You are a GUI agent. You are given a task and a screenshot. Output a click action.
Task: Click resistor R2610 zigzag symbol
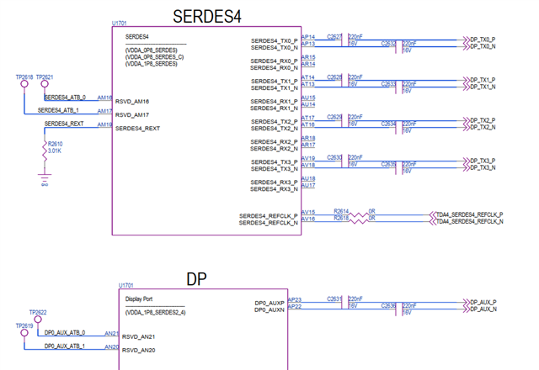pyautogui.click(x=45, y=148)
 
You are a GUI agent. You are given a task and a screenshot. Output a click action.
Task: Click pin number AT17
pyautogui.click(x=308, y=118)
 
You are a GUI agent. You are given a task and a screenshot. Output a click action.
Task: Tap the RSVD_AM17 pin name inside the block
pyautogui.click(x=132, y=114)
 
